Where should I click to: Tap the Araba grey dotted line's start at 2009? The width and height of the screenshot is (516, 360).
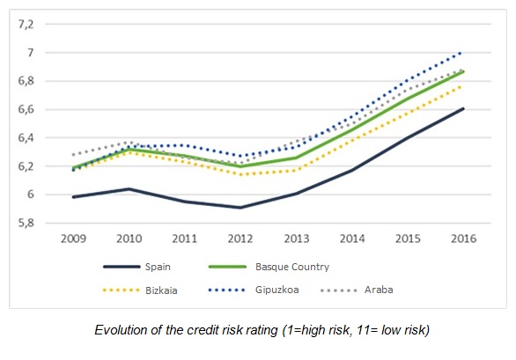(73, 155)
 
